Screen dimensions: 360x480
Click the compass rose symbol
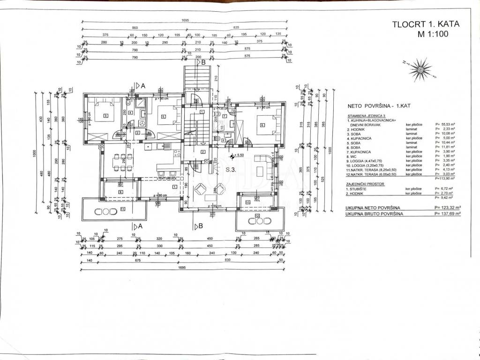(x=421, y=69)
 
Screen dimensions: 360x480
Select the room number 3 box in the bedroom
(x=106, y=116)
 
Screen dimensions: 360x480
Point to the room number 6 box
(x=262, y=125)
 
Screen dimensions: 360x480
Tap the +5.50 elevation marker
(x=240, y=155)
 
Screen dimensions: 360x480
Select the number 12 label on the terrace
(x=257, y=216)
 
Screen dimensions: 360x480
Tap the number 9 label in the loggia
(x=120, y=192)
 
